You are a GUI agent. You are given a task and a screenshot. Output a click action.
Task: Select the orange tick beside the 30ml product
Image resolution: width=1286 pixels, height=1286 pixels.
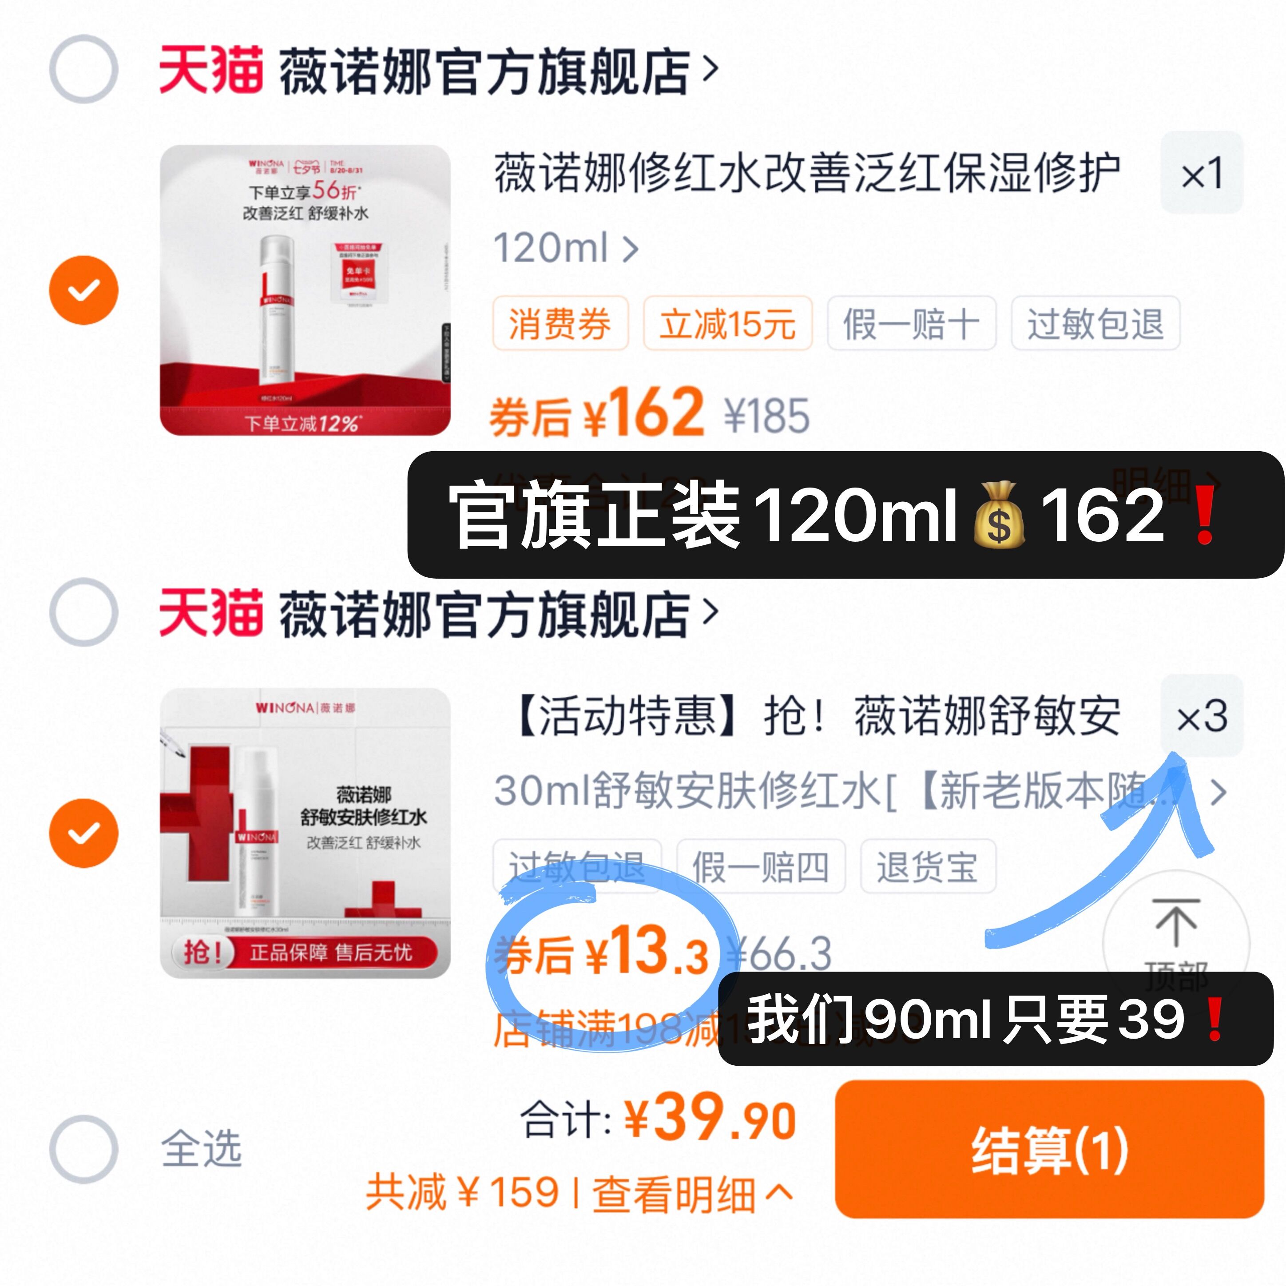[x=84, y=833]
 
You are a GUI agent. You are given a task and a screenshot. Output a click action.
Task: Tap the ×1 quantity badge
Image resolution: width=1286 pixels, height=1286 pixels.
[x=1202, y=173]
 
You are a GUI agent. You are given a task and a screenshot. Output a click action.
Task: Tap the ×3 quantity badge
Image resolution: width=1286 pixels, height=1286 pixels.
[x=1202, y=716]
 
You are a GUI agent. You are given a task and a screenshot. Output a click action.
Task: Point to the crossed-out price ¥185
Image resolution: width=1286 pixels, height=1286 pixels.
[x=767, y=416]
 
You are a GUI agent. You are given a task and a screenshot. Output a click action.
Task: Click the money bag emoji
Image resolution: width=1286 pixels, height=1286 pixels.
[x=998, y=515]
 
